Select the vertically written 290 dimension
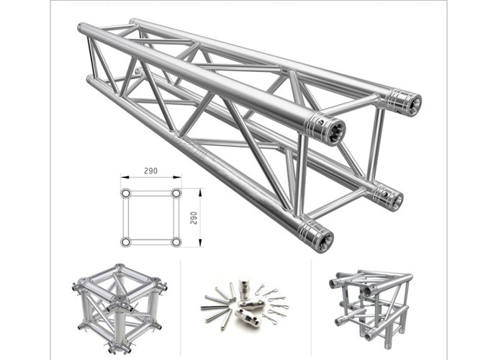click(x=194, y=217)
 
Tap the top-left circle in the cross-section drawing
click(x=126, y=194)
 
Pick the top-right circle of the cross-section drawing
click(x=176, y=194)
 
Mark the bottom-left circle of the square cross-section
click(x=126, y=242)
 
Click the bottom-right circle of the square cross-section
click(x=176, y=242)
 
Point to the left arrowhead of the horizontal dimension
click(x=123, y=179)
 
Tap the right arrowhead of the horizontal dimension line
click(x=179, y=179)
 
